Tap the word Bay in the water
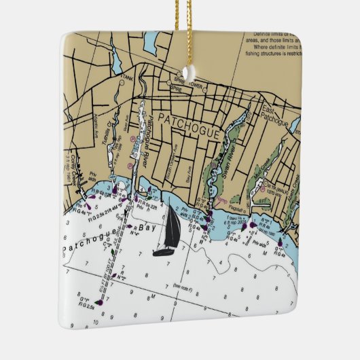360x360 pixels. coord(145,229)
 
